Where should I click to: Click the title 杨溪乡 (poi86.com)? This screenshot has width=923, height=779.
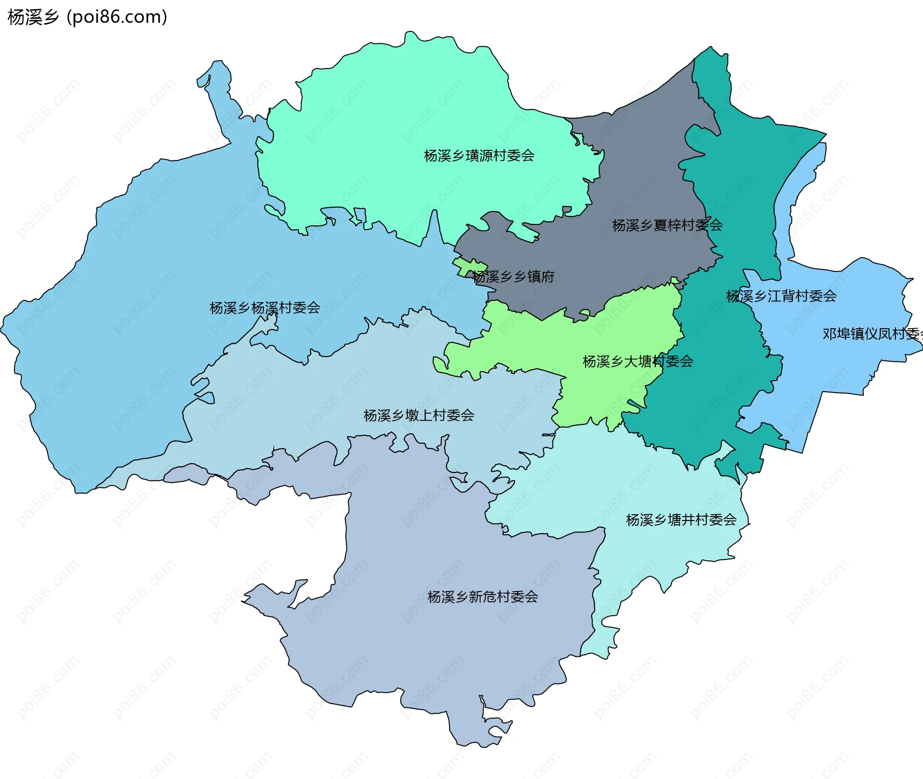(87, 17)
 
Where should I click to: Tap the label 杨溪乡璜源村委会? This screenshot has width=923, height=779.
(479, 156)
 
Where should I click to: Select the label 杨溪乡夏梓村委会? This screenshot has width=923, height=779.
(667, 225)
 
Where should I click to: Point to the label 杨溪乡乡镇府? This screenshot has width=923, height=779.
(513, 276)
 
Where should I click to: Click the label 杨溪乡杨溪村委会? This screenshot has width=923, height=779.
(264, 308)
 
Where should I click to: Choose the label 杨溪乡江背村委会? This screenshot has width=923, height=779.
(781, 296)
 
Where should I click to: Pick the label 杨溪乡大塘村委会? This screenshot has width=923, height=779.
(637, 361)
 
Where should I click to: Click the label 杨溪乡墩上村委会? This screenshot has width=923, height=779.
(418, 415)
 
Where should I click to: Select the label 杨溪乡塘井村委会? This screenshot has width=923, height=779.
(681, 519)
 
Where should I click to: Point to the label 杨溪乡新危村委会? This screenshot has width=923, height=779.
(482, 597)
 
